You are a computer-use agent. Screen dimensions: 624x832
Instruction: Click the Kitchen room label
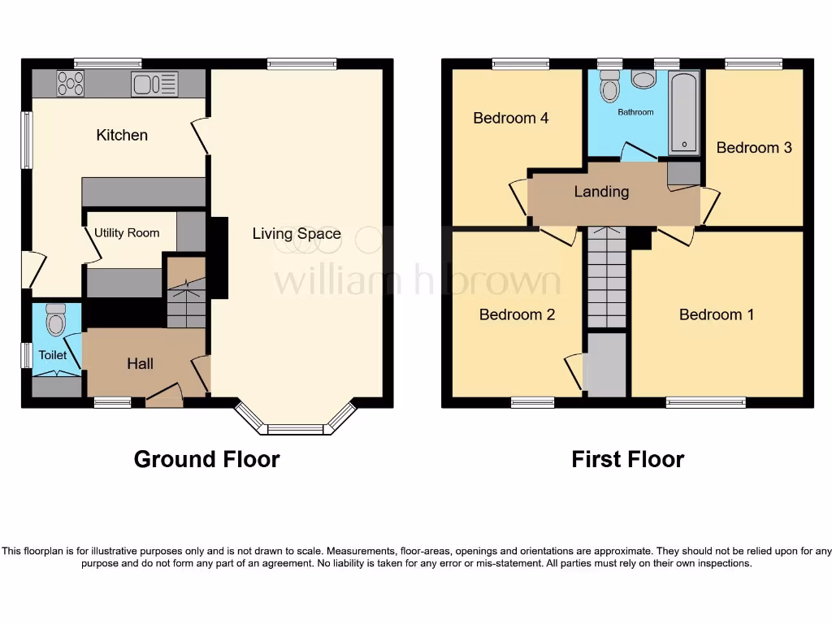point(122,135)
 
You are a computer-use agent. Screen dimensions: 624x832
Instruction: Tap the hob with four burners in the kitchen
point(70,83)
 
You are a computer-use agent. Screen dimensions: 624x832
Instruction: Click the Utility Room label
point(127,233)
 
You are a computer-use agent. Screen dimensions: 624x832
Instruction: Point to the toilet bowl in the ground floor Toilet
point(56,323)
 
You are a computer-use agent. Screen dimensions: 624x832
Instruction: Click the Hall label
point(140,364)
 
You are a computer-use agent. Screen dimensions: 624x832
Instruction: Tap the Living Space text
point(297,234)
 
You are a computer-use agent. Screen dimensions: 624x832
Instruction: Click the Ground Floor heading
point(206,459)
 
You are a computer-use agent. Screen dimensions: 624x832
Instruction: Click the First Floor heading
point(627,459)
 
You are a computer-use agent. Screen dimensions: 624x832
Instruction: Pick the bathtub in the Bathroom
point(683,113)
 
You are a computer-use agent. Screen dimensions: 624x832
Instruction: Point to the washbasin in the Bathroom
point(644,79)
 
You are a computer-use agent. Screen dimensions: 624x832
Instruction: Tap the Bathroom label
point(635,112)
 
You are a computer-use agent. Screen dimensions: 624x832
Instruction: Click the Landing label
point(601,192)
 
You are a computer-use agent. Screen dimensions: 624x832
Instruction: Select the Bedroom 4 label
point(510,118)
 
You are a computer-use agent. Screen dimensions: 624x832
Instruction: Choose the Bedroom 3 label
point(753,148)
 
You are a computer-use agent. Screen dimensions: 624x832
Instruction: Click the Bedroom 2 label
point(517,314)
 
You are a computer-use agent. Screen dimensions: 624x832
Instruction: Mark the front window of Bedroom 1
point(705,401)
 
